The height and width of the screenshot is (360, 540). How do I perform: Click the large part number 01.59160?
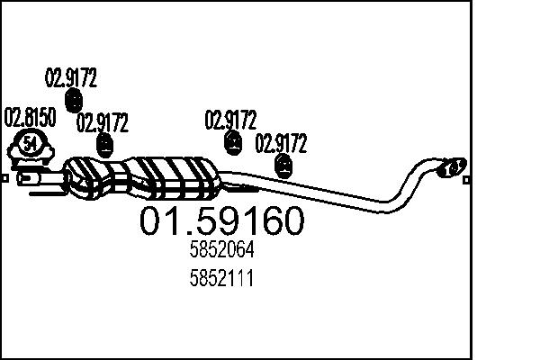pyautogui.click(x=221, y=222)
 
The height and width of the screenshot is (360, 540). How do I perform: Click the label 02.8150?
pyautogui.click(x=31, y=117)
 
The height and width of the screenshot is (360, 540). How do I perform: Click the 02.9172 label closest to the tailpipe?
pyautogui.click(x=283, y=143)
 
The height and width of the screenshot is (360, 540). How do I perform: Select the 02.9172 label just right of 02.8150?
pyautogui.click(x=103, y=122)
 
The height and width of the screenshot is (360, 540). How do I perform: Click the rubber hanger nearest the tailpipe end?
pyautogui.click(x=284, y=164)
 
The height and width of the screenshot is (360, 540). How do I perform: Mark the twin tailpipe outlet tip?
pyautogui.click(x=452, y=166)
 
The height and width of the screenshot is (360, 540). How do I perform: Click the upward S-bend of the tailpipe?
pyautogui.click(x=409, y=180)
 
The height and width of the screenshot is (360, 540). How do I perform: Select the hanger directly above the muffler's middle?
pyautogui.click(x=232, y=141)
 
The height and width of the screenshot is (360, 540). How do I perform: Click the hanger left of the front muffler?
pyautogui.click(x=106, y=144)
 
